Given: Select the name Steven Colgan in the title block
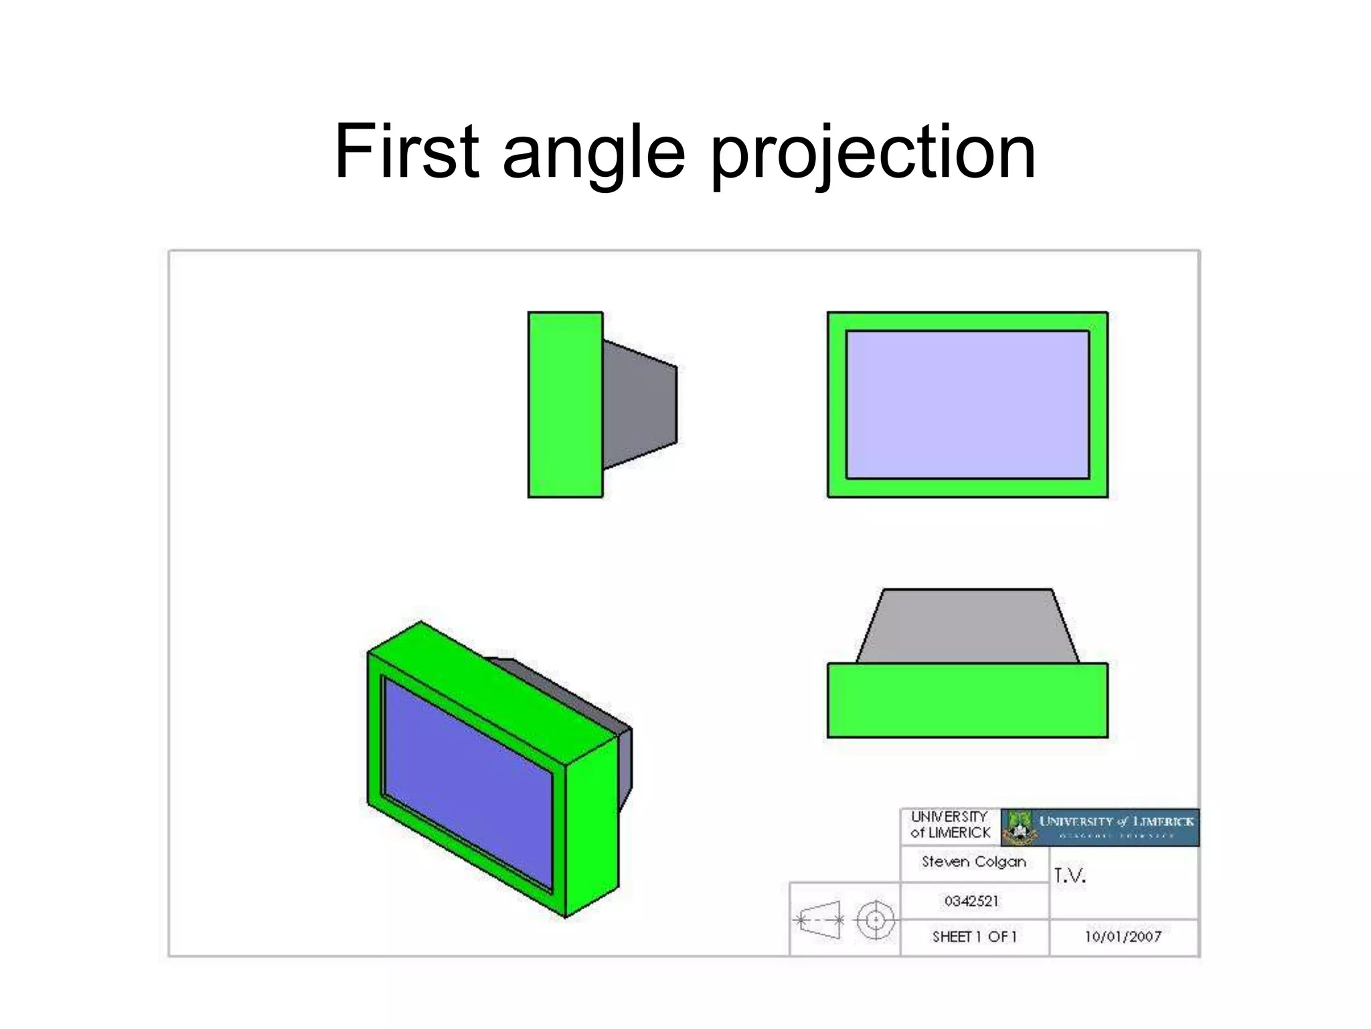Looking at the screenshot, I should (x=973, y=862).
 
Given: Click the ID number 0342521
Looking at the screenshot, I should (x=971, y=901).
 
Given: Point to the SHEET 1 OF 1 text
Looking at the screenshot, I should (x=974, y=937).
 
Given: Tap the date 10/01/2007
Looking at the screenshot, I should (x=1123, y=937).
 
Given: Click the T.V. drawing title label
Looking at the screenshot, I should (x=1069, y=876).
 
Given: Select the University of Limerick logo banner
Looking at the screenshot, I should (x=1100, y=827).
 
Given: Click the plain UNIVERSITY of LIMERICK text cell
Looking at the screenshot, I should (x=950, y=825).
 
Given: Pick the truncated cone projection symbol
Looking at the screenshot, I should (x=820, y=920).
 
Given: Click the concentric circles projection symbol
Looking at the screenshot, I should (x=875, y=920).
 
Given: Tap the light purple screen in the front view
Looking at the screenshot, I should (x=967, y=405).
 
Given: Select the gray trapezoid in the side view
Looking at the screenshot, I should (x=639, y=405).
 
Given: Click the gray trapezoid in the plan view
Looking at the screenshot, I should (x=967, y=627).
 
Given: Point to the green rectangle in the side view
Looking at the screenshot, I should (x=565, y=405).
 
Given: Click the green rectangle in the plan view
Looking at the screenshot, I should (x=967, y=701).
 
